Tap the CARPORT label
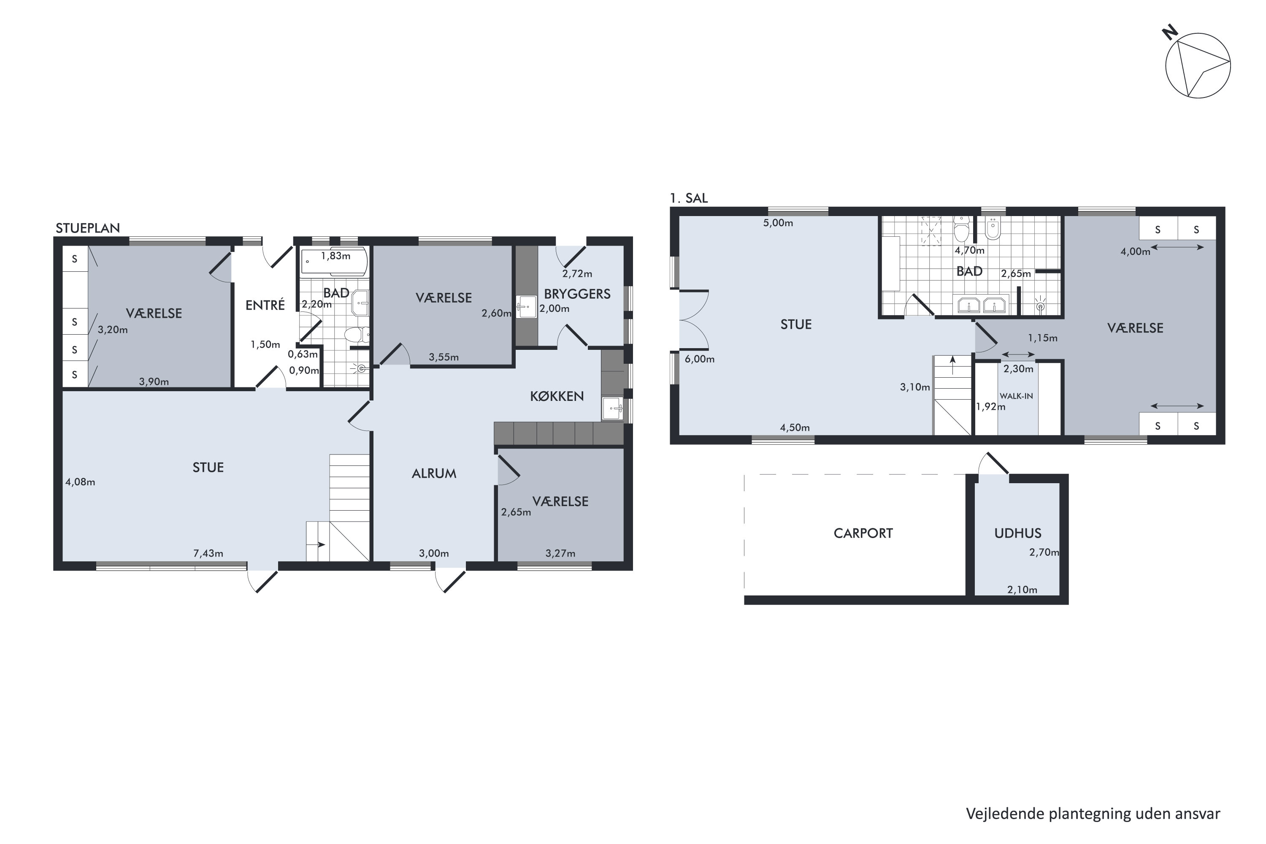(x=863, y=533)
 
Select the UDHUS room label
(x=1017, y=533)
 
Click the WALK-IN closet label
(x=1016, y=396)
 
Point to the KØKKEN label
(x=557, y=396)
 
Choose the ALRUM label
(x=434, y=473)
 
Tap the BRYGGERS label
(x=577, y=294)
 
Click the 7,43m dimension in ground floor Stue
(x=208, y=553)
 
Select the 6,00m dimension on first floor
(x=699, y=359)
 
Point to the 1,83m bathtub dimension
(x=335, y=256)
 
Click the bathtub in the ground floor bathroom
(x=334, y=262)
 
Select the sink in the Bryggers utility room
(x=526, y=307)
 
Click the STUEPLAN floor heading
(x=88, y=228)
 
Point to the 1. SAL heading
(x=689, y=198)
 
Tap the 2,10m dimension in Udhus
(x=1022, y=590)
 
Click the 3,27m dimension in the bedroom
(x=560, y=553)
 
